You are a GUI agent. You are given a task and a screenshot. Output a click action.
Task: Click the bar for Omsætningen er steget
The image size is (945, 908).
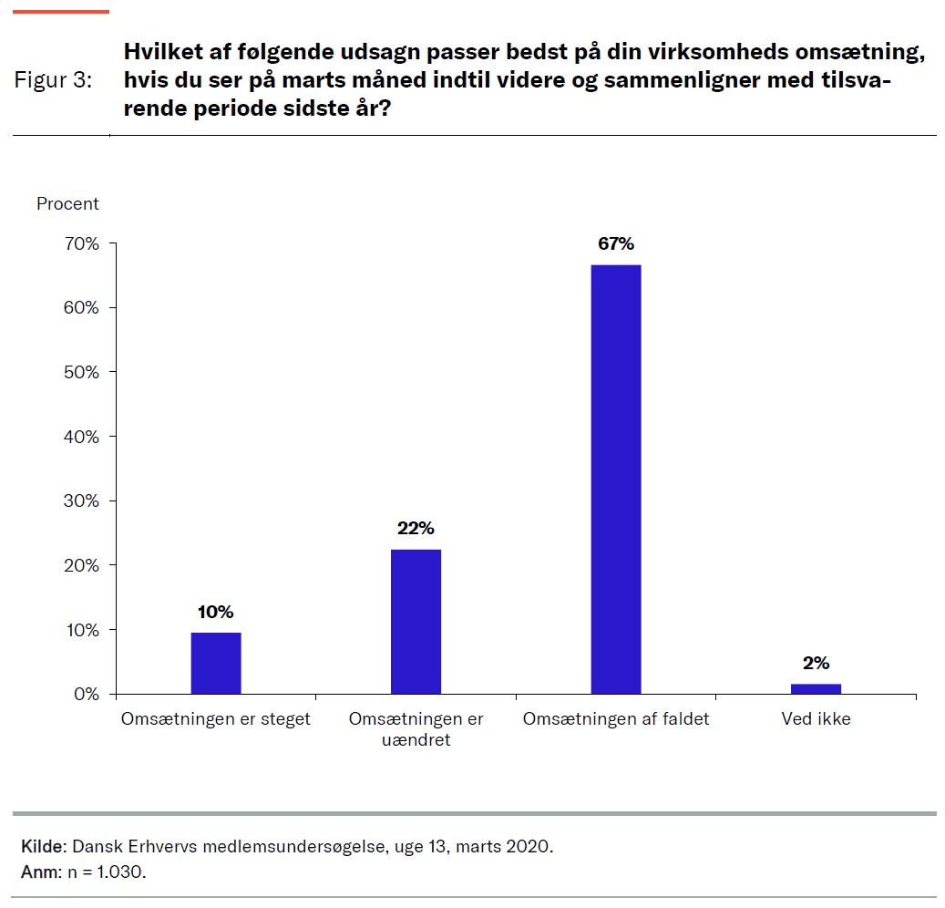click(x=215, y=663)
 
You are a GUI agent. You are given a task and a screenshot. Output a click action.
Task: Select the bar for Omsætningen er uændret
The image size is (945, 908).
click(x=416, y=622)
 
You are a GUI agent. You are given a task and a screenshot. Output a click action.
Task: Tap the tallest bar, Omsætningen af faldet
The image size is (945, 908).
click(x=615, y=480)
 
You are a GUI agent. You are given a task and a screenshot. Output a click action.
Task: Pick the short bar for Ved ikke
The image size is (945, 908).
click(x=816, y=688)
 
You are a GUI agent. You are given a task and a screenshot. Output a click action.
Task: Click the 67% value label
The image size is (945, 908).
click(x=615, y=244)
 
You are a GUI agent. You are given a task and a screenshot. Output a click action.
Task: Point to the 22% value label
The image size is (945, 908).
click(x=416, y=529)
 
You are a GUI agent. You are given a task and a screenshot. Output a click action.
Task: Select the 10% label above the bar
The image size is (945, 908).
click(x=215, y=612)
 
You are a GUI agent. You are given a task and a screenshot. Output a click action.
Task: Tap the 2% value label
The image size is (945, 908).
click(x=816, y=664)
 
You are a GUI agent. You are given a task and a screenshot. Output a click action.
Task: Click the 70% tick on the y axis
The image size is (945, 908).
click(x=80, y=244)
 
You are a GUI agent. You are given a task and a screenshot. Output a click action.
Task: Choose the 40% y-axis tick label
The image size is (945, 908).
click(x=80, y=437)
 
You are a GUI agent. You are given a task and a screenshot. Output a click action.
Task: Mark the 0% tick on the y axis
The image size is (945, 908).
click(x=85, y=695)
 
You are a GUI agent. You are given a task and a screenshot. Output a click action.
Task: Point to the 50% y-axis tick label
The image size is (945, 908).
click(x=80, y=373)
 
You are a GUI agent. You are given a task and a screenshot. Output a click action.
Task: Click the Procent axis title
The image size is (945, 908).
click(x=67, y=204)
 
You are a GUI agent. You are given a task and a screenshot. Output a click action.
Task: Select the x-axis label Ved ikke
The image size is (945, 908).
click(x=816, y=719)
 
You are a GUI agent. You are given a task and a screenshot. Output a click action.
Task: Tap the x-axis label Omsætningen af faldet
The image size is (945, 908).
click(x=615, y=719)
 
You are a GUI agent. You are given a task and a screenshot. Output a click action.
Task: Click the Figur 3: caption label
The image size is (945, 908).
click(x=53, y=80)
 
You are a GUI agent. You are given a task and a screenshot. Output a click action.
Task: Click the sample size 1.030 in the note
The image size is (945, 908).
click(x=122, y=872)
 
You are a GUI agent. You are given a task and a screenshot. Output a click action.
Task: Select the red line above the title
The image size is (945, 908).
click(x=61, y=12)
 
